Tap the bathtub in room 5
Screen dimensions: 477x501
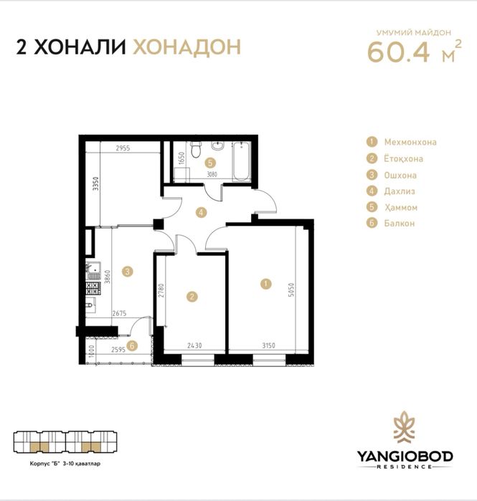coord(241,161)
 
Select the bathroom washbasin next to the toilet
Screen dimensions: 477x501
coord(217,145)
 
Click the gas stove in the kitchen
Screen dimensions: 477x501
coord(93,288)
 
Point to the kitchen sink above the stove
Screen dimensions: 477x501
coord(93,271)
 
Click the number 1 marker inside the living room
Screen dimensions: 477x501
coord(265,284)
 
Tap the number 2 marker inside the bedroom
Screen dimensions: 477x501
coord(192,297)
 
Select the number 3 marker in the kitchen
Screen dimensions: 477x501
coord(128,272)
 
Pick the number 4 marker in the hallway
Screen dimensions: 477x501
coord(201,212)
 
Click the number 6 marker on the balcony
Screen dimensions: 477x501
coord(132,345)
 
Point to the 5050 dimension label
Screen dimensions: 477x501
coord(291,290)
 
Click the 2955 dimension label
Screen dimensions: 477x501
coord(123,148)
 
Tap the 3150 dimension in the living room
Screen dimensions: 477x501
coord(268,345)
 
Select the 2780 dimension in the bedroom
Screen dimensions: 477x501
coord(161,290)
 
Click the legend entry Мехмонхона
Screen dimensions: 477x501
coord(410,142)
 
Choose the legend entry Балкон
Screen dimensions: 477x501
coord(400,223)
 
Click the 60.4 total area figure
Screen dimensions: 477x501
coord(398,52)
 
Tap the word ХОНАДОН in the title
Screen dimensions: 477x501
coord(186,47)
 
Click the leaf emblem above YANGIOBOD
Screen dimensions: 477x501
coord(405,427)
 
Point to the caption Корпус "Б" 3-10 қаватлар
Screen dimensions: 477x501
coord(65,463)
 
